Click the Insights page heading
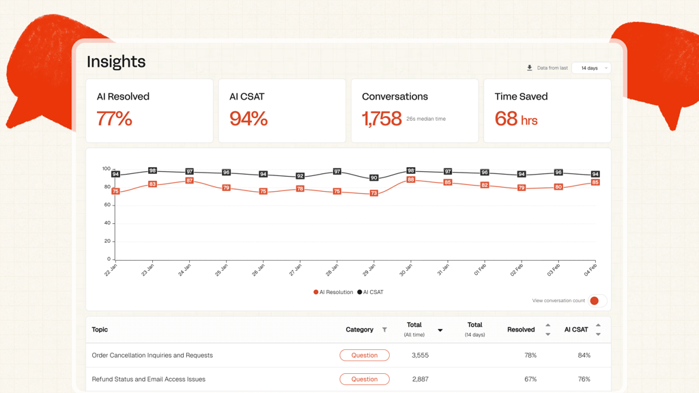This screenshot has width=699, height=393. coord(116,61)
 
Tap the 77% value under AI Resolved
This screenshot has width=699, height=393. coord(114,119)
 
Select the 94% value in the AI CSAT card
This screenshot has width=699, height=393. coord(248,119)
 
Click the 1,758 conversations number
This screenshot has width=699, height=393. coord(382,119)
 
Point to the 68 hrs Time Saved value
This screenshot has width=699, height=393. coord(516,119)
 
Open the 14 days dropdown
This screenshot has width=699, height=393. coord(592,68)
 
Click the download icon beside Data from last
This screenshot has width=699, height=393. coord(530,68)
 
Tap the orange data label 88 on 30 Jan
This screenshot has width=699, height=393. coord(410,179)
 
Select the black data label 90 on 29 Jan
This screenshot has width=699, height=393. coord(374,178)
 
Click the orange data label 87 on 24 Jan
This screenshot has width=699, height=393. coord(190,180)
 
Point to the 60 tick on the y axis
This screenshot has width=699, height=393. coord(107,205)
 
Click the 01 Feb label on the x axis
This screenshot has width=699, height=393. coord(480,270)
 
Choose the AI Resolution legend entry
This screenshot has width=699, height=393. coord(333,292)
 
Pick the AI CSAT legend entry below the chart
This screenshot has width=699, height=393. coord(371,292)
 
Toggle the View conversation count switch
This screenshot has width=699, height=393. coord(597,301)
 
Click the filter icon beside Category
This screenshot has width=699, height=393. coord(384,330)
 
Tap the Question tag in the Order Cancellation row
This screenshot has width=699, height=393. coord(365,355)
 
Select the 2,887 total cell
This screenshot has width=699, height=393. coord(420,379)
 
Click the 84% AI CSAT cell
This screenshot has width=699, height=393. coord(584,355)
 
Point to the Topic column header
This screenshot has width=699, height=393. coord(100,330)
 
